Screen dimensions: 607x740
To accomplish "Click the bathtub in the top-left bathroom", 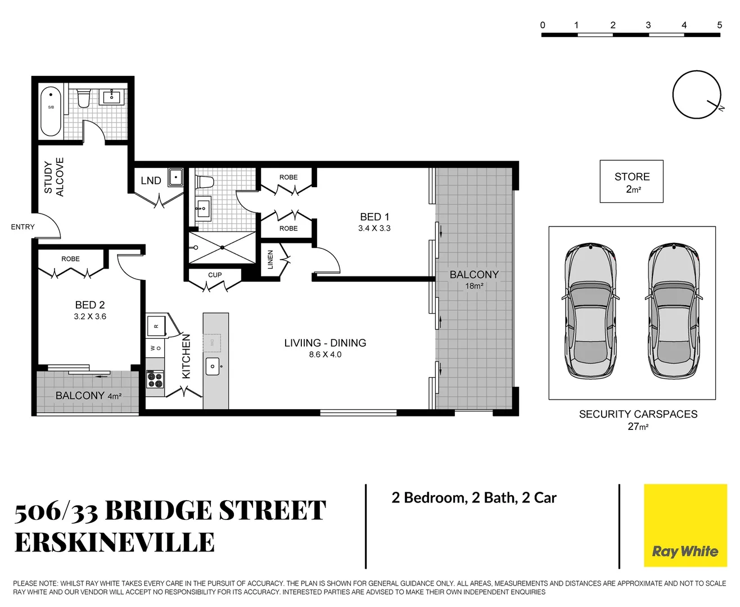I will (51, 111).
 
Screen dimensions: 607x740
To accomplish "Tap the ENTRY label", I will (22, 227).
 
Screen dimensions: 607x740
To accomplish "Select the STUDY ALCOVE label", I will (54, 177).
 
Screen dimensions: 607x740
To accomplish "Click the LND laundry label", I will (151, 180).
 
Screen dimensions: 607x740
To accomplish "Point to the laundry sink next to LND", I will (175, 177).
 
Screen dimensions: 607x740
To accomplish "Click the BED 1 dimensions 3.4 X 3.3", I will (374, 228).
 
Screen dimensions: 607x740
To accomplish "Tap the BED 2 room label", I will (90, 305).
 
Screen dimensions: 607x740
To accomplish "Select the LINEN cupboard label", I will (270, 260).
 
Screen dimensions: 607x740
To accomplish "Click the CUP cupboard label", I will (215, 275).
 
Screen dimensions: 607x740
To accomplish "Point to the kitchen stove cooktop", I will (155, 379).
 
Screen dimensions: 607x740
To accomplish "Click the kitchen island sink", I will (213, 366).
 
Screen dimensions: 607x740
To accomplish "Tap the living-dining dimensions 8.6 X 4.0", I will (325, 355).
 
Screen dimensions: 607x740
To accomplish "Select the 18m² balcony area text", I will (474, 286).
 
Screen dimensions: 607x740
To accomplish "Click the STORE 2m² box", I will (631, 182).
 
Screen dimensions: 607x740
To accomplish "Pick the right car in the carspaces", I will (674, 311).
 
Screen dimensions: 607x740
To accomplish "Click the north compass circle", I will (696, 94).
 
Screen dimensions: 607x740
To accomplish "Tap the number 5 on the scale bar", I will (719, 25).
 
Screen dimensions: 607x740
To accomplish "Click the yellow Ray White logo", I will (685, 526).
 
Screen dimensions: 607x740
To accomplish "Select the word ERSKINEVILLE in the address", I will (115, 542).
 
